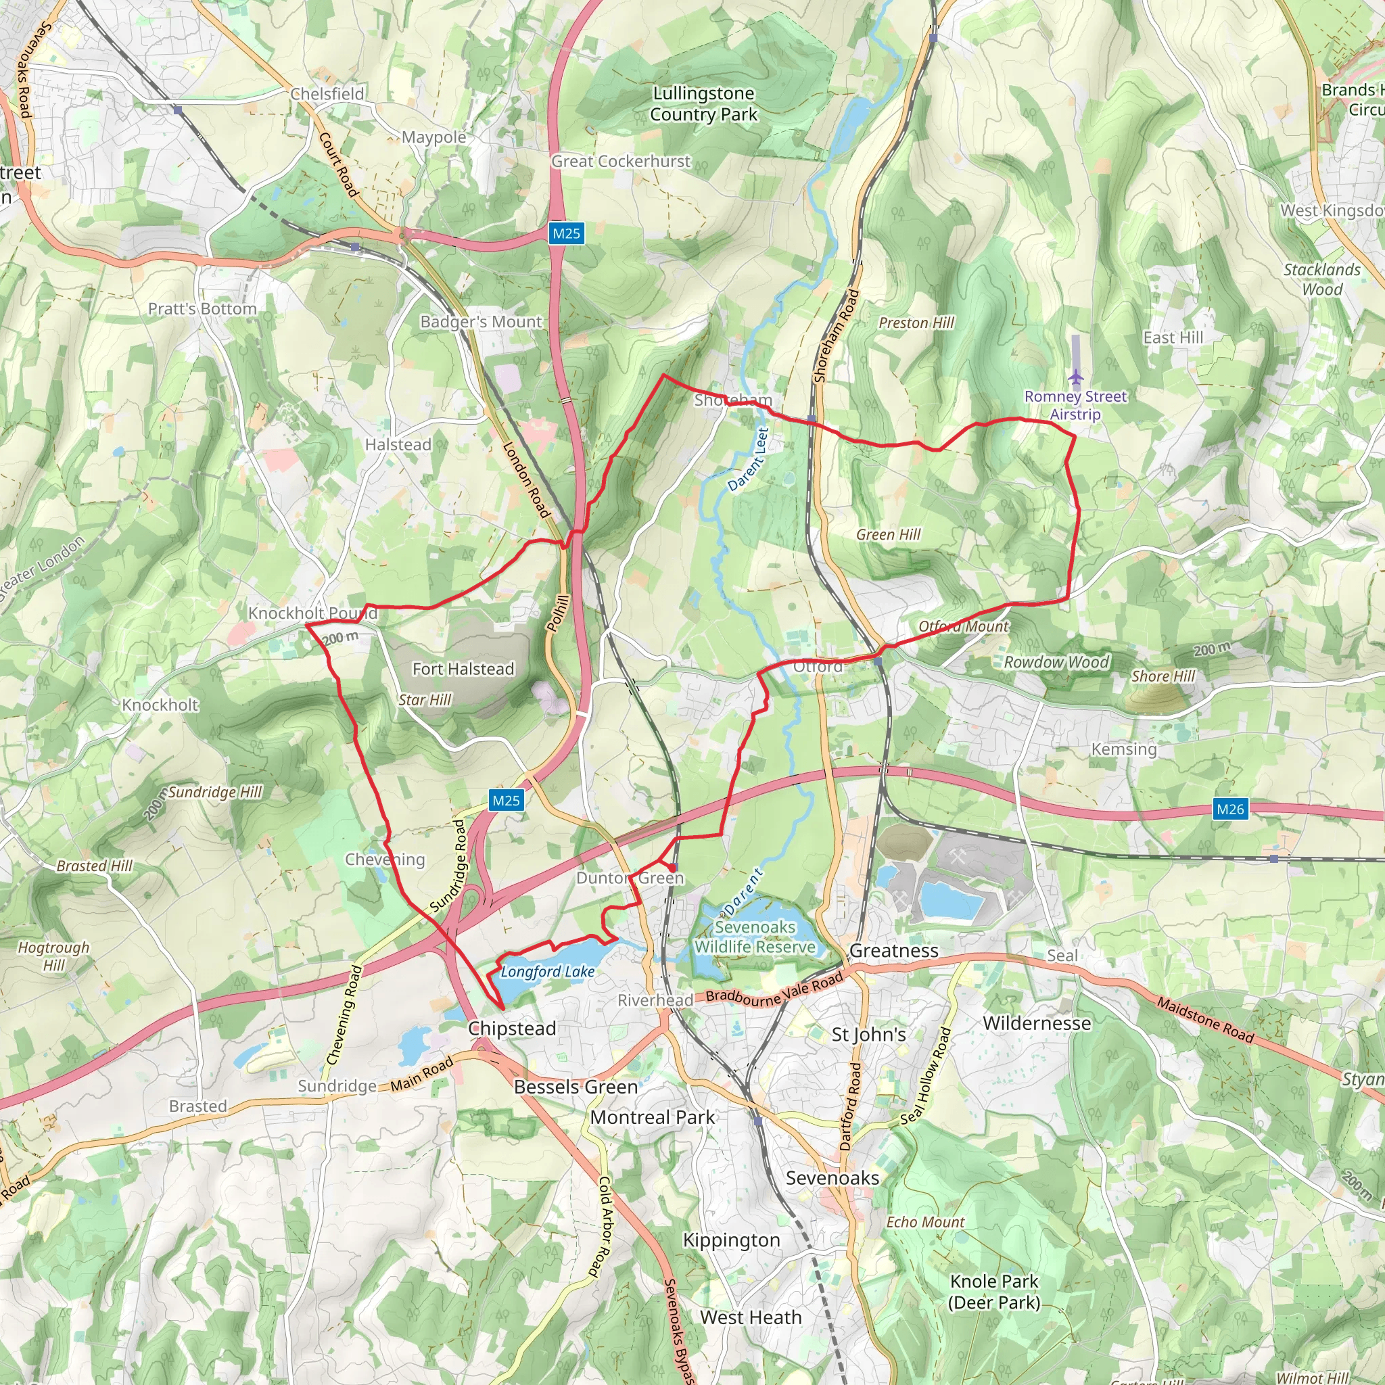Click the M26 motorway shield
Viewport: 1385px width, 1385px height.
point(1230,809)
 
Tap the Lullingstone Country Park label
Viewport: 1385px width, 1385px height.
point(703,104)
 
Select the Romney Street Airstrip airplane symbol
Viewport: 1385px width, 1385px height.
point(1075,377)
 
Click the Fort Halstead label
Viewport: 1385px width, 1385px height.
point(463,669)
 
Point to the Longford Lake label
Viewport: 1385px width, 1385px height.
point(548,971)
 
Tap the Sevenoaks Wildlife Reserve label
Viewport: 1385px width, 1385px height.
point(755,937)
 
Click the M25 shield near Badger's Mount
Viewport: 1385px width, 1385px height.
point(566,234)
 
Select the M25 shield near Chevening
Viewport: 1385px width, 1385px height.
point(506,801)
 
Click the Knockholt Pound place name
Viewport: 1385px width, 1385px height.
point(312,613)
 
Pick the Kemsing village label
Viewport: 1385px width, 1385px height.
point(1123,749)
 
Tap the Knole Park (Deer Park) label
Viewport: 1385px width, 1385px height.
point(993,1291)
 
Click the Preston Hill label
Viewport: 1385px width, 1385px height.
point(916,323)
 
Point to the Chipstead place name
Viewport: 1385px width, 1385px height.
point(512,1029)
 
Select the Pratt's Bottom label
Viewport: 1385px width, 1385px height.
point(202,309)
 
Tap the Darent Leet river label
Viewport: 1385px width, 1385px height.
point(749,459)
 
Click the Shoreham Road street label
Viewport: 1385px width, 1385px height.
point(836,335)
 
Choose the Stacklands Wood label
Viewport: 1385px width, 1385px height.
point(1321,279)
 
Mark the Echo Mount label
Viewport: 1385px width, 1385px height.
point(924,1222)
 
